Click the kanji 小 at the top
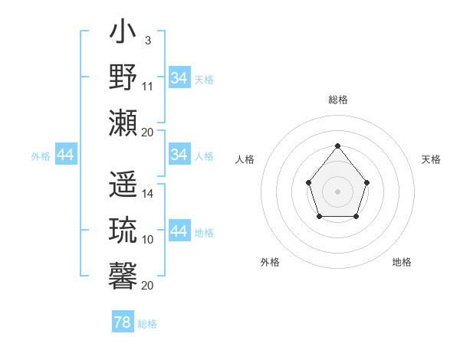123,34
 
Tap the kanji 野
123,77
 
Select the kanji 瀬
123,122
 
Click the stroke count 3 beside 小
147,40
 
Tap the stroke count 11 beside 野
148,86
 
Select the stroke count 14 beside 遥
148,194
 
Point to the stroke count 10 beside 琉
148,239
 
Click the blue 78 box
123,322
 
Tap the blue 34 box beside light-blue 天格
179,78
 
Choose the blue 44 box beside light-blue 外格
65,155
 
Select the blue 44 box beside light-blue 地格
179,231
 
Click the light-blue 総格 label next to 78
147,324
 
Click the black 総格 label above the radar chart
337,100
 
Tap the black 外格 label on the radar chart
270,262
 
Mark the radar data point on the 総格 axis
337,146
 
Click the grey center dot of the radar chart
337,191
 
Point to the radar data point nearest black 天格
366,182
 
